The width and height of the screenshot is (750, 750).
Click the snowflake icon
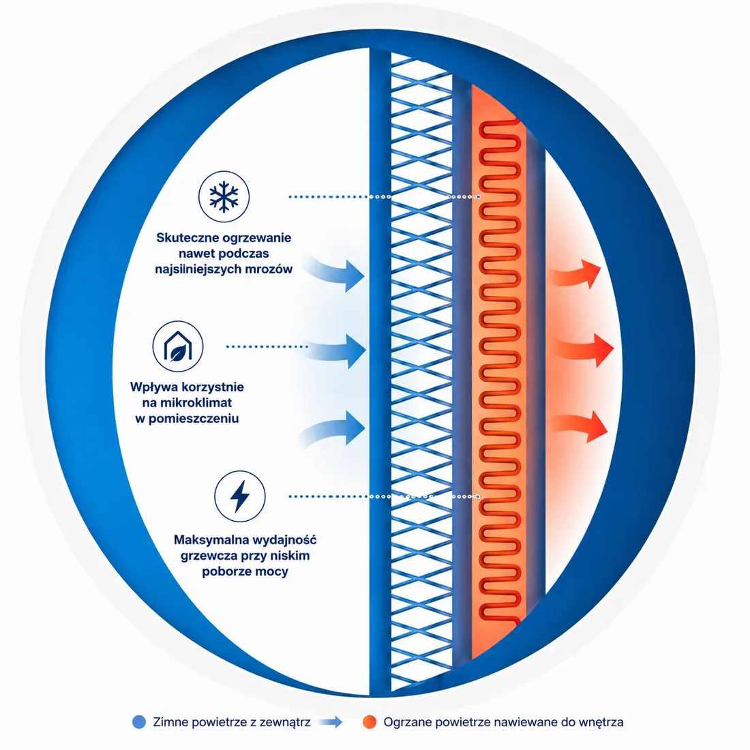coord(224,196)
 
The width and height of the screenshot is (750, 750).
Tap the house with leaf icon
coord(178,346)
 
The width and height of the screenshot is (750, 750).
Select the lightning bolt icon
coord(239,496)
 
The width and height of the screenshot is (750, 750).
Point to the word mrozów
coord(269,269)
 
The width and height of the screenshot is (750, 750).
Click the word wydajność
coord(281,540)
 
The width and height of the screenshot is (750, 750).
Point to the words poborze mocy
coord(245,571)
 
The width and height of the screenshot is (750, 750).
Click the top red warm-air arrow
coord(576,275)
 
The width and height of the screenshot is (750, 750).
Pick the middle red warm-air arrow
coord(584,350)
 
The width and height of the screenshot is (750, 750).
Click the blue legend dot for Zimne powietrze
coord(138,722)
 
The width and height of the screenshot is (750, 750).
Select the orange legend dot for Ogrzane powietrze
coord(370,722)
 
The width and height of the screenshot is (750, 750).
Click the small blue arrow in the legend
coord(331,722)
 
